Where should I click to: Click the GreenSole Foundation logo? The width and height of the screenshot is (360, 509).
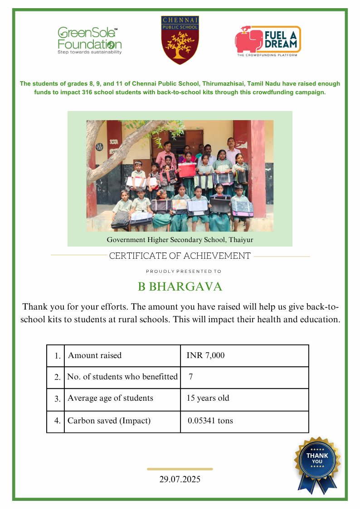[89, 40]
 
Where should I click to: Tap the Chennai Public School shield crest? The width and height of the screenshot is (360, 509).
[180, 40]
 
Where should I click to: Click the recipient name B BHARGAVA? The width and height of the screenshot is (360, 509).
[180, 287]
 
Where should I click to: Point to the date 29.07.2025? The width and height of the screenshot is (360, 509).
[180, 479]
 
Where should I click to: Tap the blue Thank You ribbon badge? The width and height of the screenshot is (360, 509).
[317, 462]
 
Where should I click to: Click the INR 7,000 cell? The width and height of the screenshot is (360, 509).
[205, 356]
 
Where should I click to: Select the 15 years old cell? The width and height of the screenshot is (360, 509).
[208, 398]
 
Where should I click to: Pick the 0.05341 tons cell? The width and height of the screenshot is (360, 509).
[210, 421]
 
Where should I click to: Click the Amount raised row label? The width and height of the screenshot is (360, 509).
[95, 356]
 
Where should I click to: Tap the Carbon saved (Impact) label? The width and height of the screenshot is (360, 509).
[109, 421]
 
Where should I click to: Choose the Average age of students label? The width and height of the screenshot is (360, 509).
[110, 398]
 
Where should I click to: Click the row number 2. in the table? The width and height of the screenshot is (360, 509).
[57, 377]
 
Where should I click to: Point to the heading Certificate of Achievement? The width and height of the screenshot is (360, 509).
[180, 256]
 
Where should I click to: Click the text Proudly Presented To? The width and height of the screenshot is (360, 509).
[184, 271]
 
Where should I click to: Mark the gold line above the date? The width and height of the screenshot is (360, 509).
[180, 469]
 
